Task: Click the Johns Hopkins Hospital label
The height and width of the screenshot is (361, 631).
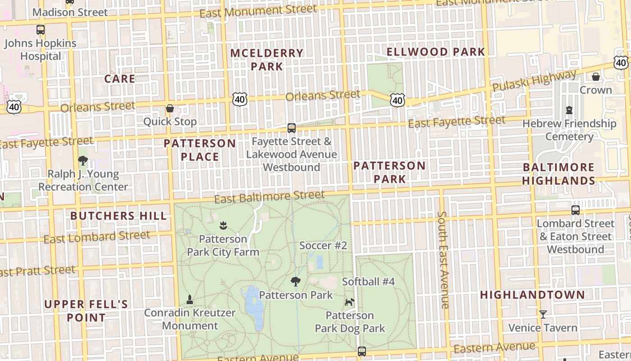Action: pos(41,50)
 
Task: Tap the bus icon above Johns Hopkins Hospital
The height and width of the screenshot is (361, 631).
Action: pos(41,30)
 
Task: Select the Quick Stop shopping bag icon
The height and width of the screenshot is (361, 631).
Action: pos(170,108)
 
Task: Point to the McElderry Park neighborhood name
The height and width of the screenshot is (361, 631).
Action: pos(267,60)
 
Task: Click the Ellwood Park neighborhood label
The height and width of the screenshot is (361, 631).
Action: pos(436,52)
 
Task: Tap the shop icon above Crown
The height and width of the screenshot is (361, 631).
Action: pos(596,77)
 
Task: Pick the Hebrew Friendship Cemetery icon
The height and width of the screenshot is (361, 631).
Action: pos(569,110)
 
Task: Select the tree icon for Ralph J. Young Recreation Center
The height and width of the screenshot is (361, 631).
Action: pos(82,160)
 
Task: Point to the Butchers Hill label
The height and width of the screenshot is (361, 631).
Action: pos(119,216)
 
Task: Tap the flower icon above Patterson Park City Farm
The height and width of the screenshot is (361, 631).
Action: pos(223,225)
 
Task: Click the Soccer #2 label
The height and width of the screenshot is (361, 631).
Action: pos(323,245)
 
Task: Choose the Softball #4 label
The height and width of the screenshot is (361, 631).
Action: pos(368,282)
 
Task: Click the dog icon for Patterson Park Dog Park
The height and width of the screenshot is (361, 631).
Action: pos(349,302)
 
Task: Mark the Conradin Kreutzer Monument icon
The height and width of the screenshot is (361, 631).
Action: pos(190,299)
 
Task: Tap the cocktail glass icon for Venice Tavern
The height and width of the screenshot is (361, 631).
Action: pos(543,314)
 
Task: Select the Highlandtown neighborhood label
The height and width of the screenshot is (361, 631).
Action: pos(532,295)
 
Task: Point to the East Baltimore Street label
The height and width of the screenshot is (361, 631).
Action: pos(269,197)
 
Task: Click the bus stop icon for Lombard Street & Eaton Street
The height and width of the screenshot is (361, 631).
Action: pos(576,210)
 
